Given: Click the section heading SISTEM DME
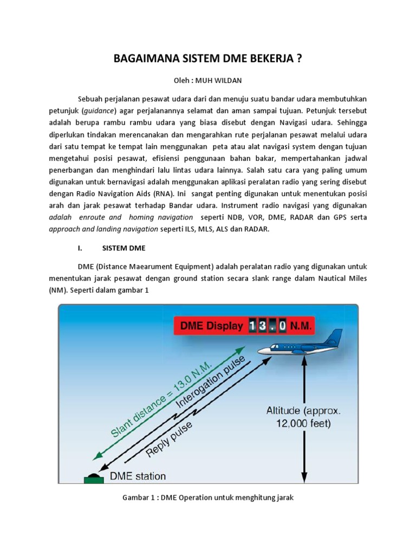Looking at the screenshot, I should [x=123, y=248].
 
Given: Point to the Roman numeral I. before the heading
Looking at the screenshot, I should [x=80, y=248].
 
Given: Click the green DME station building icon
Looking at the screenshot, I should [x=94, y=479].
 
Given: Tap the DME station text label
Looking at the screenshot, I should [x=138, y=476].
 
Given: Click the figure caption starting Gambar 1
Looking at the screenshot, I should [x=207, y=497].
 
